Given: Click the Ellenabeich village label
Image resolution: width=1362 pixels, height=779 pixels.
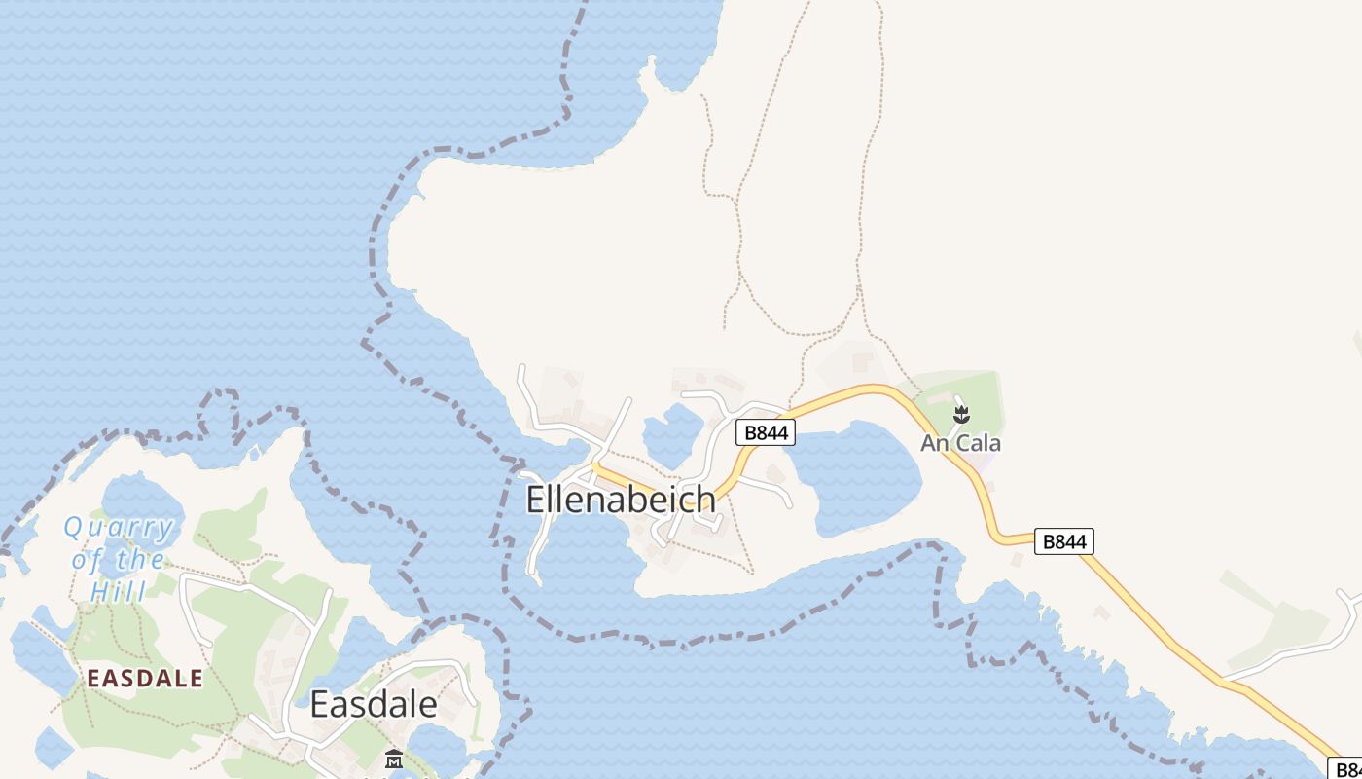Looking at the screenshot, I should pos(621,500).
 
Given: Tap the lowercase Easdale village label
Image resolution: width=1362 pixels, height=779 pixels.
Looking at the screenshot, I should pos(373,704).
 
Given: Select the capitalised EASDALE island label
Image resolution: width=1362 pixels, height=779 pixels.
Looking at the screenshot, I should pos(146,679).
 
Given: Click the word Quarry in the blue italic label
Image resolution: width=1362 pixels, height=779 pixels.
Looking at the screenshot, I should pos(119,529).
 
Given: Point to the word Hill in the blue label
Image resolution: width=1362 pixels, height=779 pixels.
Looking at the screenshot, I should pos(118,591).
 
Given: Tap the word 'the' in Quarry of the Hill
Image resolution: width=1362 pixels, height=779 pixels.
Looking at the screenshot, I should pos(140,560).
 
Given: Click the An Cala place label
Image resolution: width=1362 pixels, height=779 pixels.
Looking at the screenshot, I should pos(960,444).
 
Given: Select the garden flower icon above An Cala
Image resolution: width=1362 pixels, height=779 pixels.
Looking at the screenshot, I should pos(961,416).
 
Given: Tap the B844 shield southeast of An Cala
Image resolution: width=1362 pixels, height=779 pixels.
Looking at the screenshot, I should pos(1063,541).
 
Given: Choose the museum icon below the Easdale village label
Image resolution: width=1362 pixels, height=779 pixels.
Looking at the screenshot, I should pos(394,759).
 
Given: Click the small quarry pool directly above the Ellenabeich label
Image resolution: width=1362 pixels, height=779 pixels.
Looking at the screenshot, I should pos(671,434).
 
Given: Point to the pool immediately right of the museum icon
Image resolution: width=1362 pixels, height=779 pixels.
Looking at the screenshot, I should pos(438,750).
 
